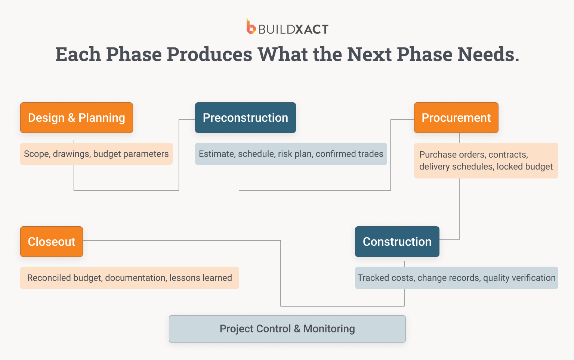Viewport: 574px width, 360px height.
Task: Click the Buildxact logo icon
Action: point(251,27)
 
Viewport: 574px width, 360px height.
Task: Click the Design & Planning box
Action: point(77,118)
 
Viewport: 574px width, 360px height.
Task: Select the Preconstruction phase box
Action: point(245,118)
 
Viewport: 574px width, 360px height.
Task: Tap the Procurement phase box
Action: point(456,118)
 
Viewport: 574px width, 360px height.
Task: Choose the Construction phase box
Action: point(397,242)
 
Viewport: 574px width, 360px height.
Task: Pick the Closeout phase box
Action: point(52,242)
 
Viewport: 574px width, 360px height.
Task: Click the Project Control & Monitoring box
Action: point(287,329)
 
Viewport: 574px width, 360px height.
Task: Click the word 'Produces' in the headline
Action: point(209,55)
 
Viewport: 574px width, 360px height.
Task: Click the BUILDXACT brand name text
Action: point(293,29)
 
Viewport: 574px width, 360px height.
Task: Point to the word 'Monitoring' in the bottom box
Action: point(329,329)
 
